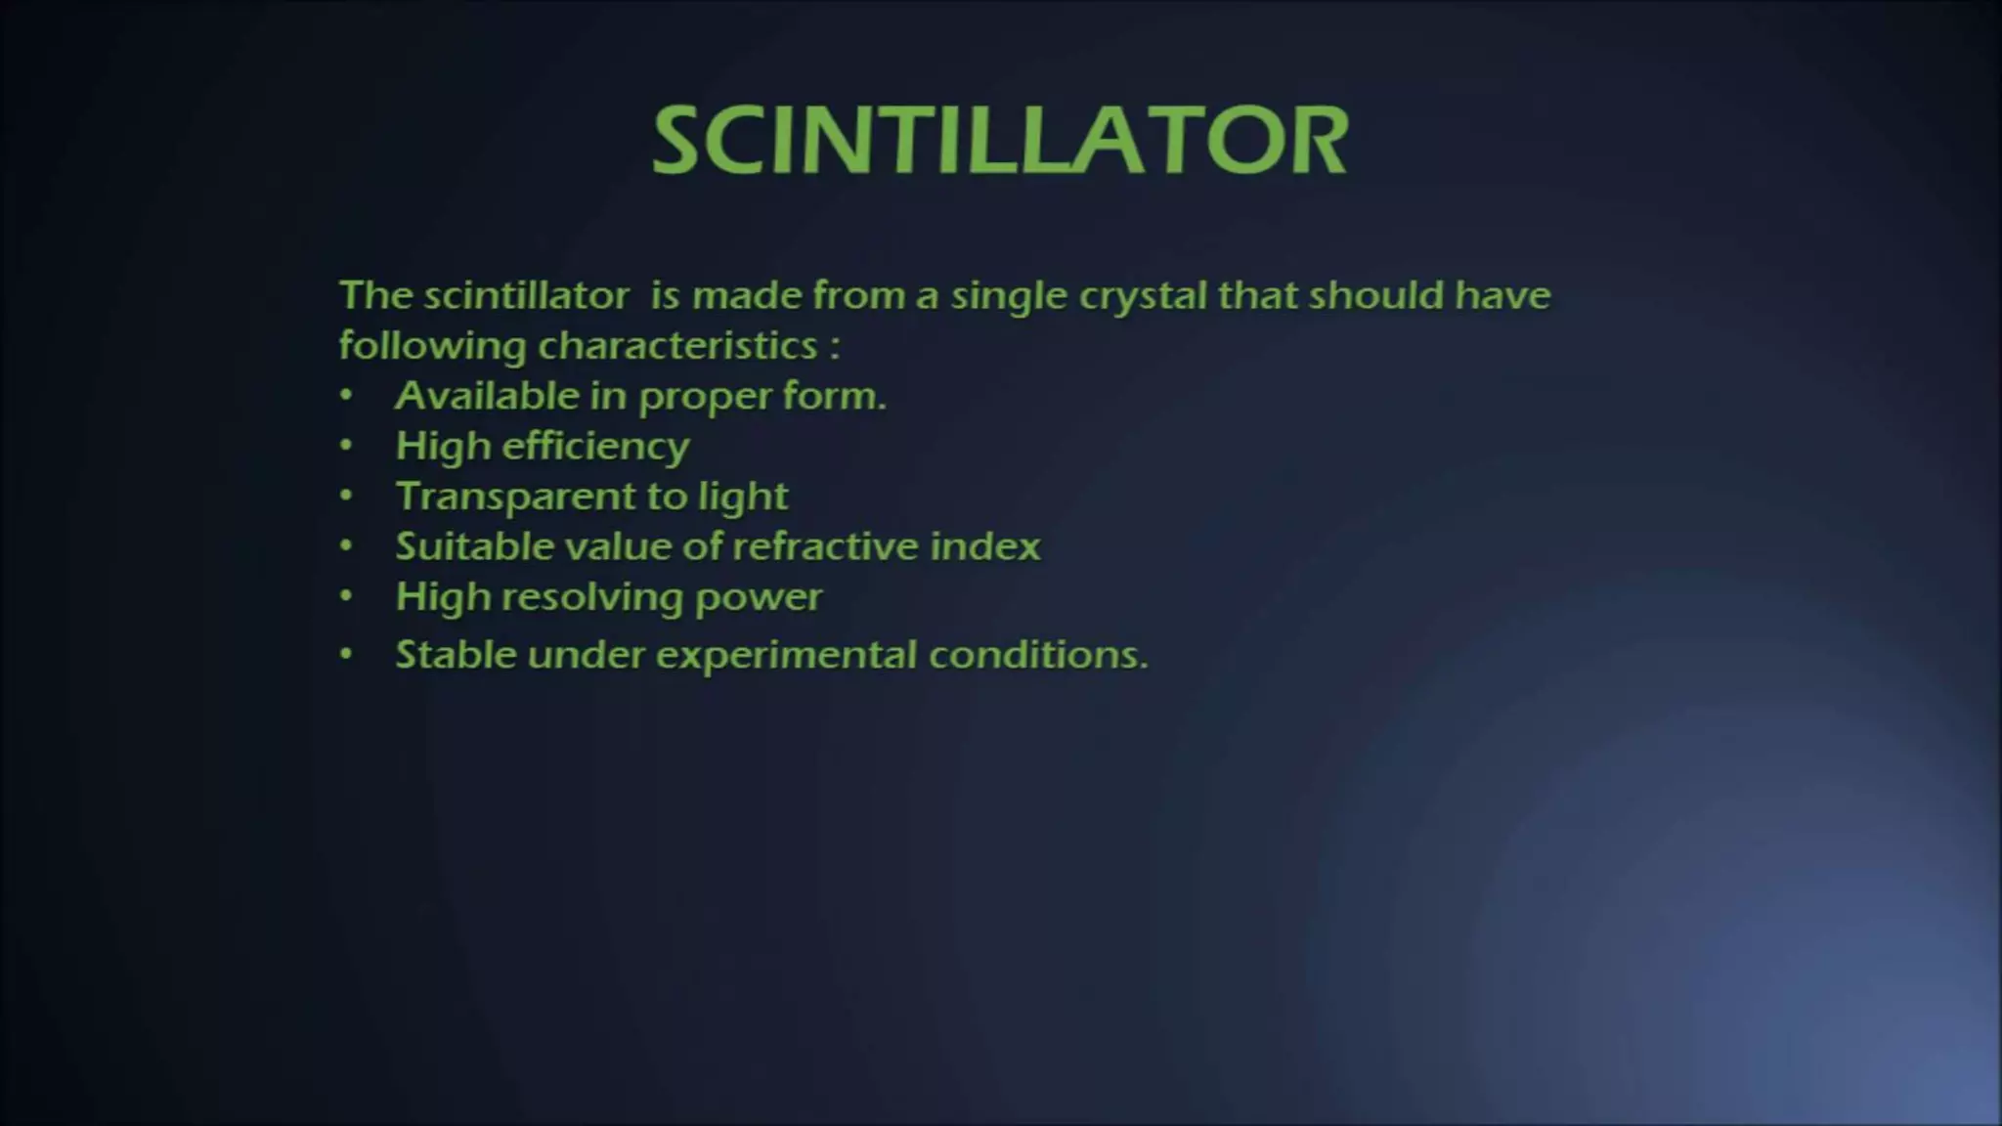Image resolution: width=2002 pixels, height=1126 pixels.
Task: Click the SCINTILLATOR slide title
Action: tap(1000, 141)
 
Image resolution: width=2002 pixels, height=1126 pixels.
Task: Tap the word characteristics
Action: tap(677, 346)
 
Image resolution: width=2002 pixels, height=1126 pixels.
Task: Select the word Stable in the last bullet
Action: tap(455, 655)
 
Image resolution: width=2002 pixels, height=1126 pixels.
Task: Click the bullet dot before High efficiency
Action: tap(346, 446)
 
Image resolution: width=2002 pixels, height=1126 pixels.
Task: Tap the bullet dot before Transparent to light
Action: tap(346, 496)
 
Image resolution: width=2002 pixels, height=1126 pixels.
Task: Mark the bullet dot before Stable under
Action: tap(346, 654)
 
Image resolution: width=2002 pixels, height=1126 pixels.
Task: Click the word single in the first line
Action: tap(1008, 296)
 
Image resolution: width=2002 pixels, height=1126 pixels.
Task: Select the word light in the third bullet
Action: tap(742, 497)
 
